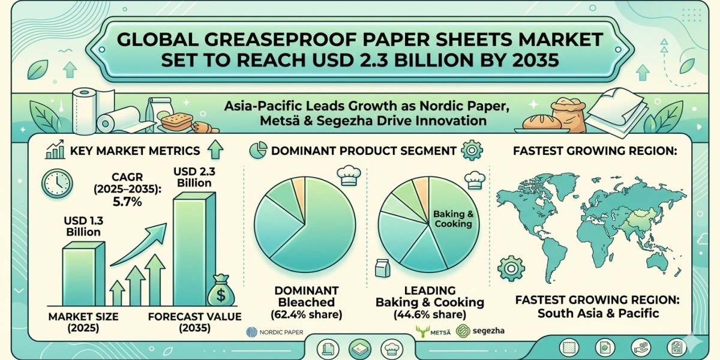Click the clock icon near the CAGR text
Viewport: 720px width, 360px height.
coord(58,182)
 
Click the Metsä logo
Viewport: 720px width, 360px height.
coord(434,331)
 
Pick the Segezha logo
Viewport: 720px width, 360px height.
coord(480,331)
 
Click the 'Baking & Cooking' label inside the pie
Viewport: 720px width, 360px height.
coord(453,218)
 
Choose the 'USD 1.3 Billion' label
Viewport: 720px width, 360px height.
coord(82,226)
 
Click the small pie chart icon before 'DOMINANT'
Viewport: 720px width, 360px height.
coord(257,150)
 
